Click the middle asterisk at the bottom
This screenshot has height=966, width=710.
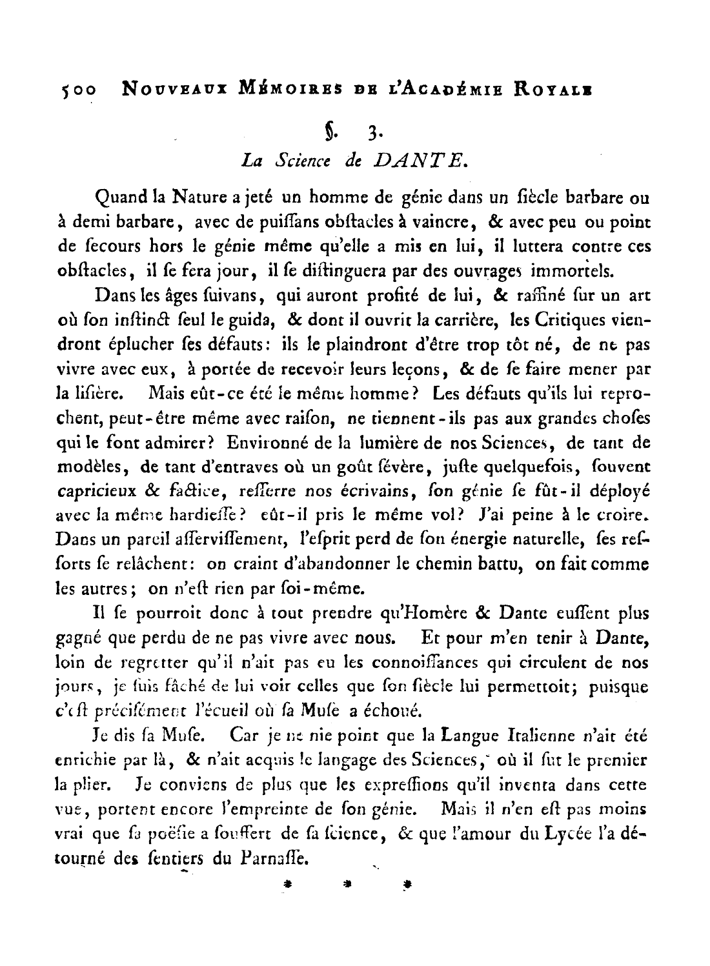pyautogui.click(x=349, y=885)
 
